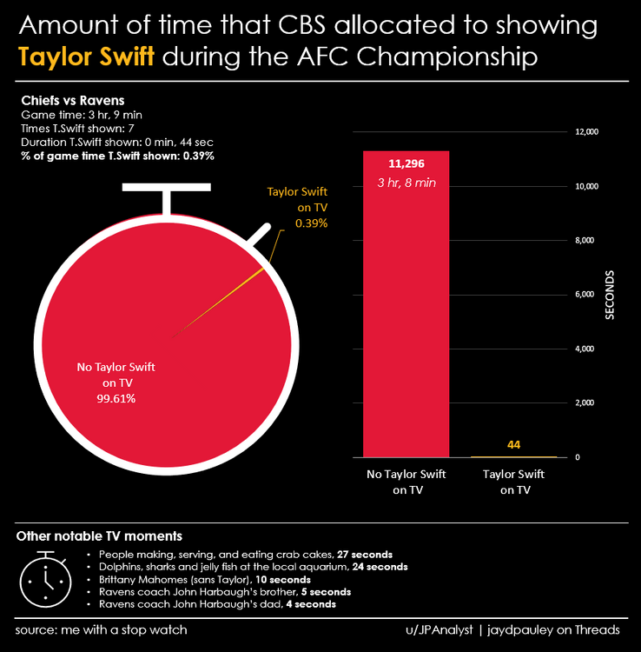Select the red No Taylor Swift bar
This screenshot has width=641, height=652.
tap(406, 330)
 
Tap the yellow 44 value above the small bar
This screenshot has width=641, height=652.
tap(513, 445)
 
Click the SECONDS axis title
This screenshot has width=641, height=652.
tap(611, 296)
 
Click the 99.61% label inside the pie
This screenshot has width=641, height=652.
tap(116, 398)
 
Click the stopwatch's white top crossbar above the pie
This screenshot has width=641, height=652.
tap(167, 188)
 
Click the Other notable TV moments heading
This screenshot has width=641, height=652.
tap(99, 536)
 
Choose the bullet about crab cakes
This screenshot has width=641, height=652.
tap(246, 554)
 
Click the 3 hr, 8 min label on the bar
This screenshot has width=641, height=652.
tap(406, 183)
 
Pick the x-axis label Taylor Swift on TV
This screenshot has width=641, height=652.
tap(513, 482)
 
